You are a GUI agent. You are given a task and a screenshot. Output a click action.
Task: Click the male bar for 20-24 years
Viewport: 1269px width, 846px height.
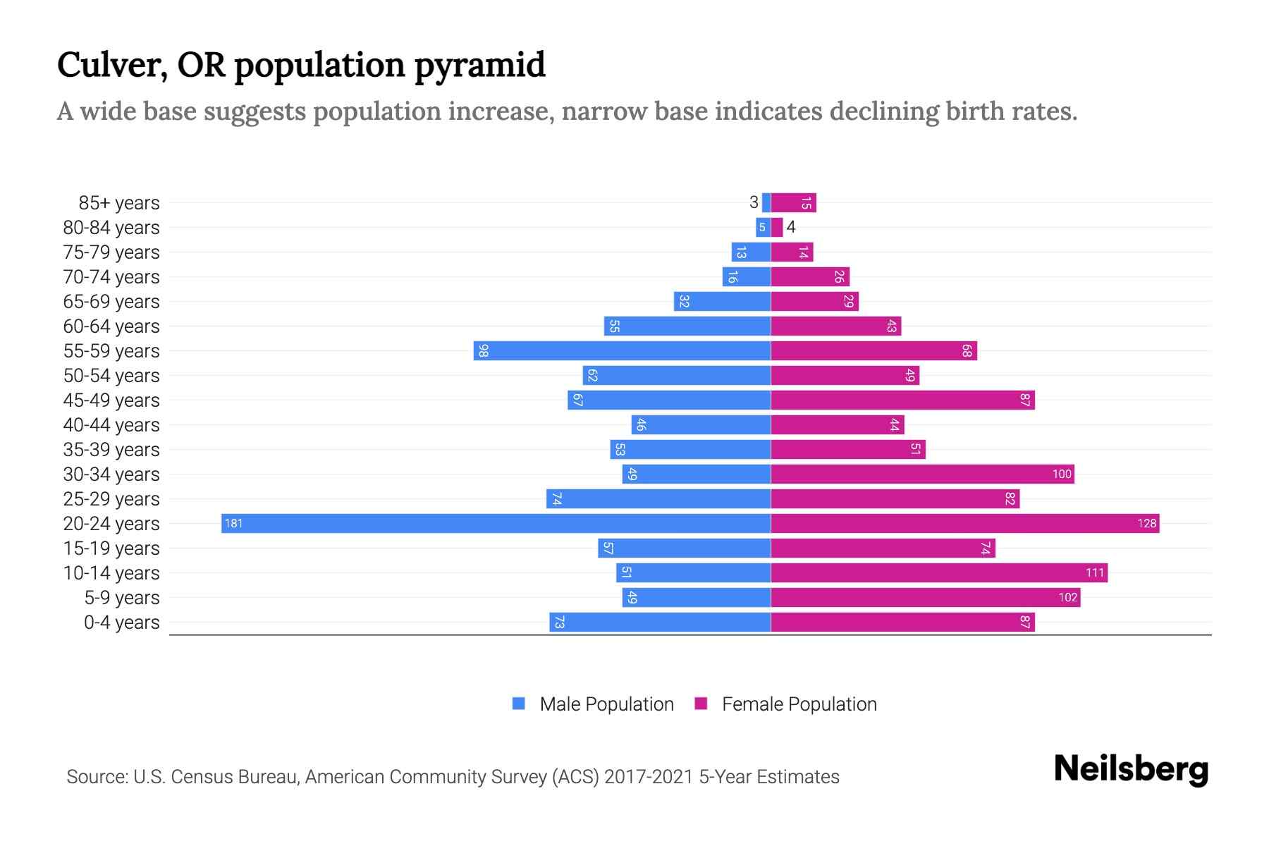(496, 523)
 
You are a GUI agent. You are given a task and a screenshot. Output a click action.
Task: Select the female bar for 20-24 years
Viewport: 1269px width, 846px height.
(964, 523)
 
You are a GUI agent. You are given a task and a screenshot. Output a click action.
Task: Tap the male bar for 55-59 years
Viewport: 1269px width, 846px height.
(622, 350)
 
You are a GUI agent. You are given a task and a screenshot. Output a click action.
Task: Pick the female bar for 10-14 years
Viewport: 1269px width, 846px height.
(939, 572)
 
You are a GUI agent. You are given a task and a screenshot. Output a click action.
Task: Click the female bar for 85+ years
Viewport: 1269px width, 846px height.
(793, 203)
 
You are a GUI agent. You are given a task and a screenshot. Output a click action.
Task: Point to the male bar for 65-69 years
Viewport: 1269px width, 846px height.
(722, 302)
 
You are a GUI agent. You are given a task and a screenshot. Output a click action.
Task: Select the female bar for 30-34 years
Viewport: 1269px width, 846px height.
(922, 474)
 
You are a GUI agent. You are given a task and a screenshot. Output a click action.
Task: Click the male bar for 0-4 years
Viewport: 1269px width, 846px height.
(660, 622)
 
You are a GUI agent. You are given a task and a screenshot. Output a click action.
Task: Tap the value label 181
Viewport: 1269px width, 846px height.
(233, 523)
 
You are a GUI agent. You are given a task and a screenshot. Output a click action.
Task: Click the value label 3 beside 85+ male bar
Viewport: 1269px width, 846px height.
(754, 203)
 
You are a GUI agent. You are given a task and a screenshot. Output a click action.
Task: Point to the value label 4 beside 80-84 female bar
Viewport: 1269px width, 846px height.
(791, 227)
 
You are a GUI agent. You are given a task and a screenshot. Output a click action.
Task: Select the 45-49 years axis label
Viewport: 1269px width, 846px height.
(111, 400)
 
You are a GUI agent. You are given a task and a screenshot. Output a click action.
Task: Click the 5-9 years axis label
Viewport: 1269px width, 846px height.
(122, 598)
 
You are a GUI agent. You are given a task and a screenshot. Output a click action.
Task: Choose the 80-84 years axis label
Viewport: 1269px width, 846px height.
(111, 228)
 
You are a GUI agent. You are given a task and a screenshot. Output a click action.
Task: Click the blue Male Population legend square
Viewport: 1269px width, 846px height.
(519, 704)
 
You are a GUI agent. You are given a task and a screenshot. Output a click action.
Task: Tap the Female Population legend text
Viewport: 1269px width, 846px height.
(799, 704)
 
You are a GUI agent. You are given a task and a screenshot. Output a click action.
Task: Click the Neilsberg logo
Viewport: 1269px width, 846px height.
(1131, 769)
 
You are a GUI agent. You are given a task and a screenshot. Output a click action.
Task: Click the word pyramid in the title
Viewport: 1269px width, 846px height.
(479, 66)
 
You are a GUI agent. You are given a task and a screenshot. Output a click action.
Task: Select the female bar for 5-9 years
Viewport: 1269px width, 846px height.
(925, 597)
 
